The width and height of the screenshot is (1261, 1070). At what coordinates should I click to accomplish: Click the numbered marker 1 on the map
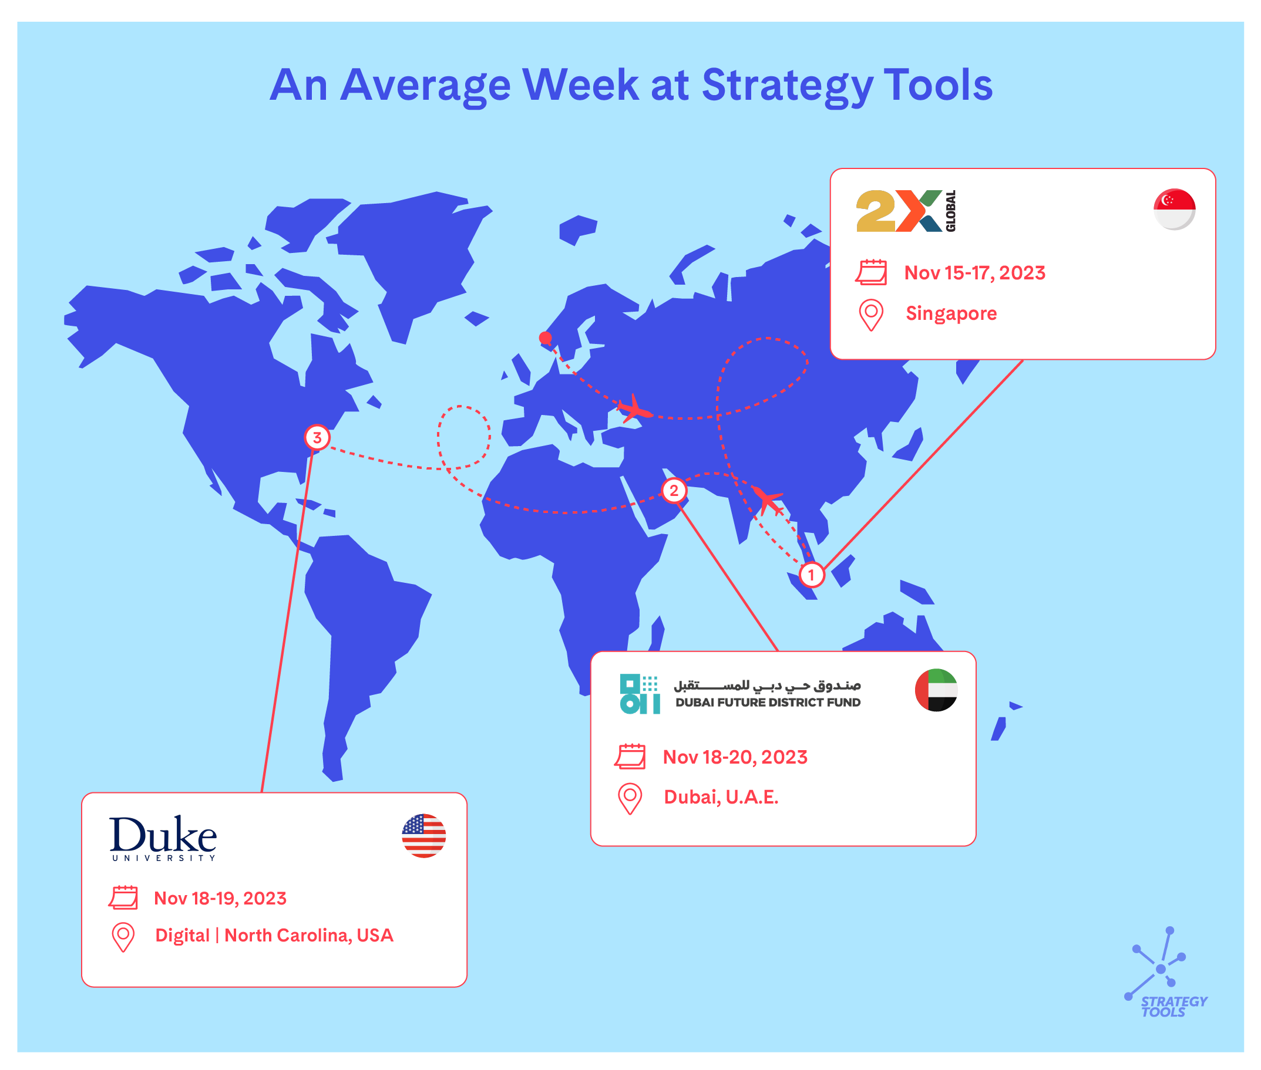point(811,575)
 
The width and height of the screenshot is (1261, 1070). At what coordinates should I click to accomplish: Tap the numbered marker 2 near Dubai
point(674,490)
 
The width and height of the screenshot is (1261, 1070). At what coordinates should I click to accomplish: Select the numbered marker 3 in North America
point(317,437)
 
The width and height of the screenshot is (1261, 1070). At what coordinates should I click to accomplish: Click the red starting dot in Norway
point(545,338)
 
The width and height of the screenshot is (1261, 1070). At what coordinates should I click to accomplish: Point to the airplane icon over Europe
point(634,409)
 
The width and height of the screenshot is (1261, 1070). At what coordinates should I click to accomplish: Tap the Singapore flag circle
point(1174,210)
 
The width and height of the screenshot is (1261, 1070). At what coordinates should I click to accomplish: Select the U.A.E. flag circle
point(936,690)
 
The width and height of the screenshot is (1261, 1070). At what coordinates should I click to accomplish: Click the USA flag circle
point(423,835)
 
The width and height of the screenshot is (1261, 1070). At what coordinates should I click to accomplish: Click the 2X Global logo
point(906,211)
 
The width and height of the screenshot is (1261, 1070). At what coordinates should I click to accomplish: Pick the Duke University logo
point(163,838)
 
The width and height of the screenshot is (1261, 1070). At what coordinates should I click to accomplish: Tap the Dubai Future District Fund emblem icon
point(640,694)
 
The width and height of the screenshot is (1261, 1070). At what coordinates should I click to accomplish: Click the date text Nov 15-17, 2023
point(974,273)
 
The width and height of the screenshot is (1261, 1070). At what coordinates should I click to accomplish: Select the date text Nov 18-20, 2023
point(735,757)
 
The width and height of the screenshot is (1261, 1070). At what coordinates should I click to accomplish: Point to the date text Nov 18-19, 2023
point(220,898)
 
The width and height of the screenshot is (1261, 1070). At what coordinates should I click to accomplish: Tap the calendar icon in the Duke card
point(123,897)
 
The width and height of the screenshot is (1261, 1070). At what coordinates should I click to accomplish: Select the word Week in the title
point(581,85)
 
